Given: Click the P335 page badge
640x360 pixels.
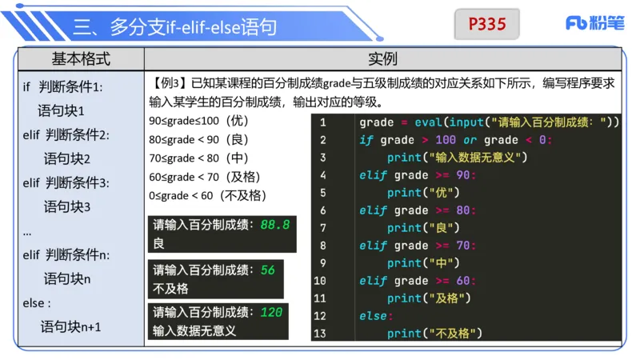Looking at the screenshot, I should coord(486,24).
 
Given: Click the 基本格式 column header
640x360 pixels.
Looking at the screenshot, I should coord(81,59).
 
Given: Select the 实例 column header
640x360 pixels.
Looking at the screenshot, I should coord(382,59).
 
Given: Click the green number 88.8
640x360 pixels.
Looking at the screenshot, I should coord(274,226).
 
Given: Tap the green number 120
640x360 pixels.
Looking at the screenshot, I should coord(271,312).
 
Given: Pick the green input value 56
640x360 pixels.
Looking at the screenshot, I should coord(268,270).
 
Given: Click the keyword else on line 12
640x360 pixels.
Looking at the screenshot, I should coord(373,315).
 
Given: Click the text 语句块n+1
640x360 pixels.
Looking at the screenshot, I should coord(71,326).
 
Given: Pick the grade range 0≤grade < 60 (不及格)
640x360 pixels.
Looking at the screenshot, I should coord(208,194).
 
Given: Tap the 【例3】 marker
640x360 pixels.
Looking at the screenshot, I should coord(170,83).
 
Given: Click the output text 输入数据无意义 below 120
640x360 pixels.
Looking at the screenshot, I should coord(194,330).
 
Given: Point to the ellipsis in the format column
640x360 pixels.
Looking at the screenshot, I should coord(27,232).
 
